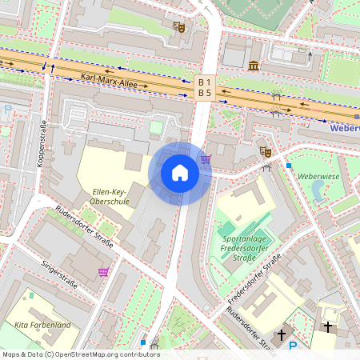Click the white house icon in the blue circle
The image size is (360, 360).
point(180,173)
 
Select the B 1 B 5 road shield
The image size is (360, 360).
point(206,87)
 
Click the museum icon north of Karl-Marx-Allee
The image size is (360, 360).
point(254,65)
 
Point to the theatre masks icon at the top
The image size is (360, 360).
point(180,27)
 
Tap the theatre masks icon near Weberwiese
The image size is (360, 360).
point(265,151)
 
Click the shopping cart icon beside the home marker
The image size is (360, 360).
point(206,159)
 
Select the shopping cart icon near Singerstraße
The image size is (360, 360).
point(103,272)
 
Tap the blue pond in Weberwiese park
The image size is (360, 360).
point(318,189)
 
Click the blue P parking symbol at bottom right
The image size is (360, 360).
point(292,346)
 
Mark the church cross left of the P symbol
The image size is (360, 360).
point(281,334)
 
